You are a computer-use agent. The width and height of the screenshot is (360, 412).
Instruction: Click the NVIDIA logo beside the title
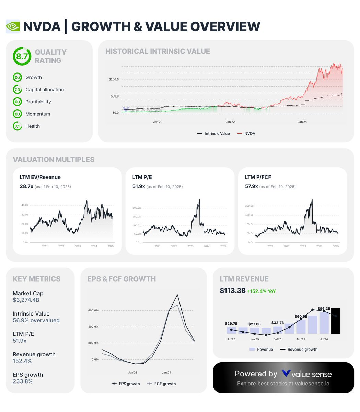(x=13, y=26)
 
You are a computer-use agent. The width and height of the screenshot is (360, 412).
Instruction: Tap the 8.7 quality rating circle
(x=22, y=56)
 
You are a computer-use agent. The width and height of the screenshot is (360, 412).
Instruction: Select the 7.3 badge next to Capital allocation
(x=17, y=90)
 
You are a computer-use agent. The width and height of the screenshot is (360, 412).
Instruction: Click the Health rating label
(x=33, y=126)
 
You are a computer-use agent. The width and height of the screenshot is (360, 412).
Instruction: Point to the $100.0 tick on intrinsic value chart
(x=114, y=79)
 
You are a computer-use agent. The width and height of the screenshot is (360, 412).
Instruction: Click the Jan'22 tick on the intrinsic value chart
(x=230, y=122)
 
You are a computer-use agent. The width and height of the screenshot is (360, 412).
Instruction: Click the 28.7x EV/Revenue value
(x=26, y=186)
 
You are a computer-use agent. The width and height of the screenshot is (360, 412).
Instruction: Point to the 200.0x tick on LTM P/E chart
(x=136, y=208)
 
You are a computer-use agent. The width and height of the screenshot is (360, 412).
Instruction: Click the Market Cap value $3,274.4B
(x=26, y=300)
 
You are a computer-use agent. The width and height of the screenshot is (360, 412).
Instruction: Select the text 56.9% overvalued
(x=36, y=320)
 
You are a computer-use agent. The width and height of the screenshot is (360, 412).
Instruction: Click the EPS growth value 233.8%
(x=23, y=381)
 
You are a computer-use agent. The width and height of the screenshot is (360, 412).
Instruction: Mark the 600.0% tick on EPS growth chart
(x=94, y=310)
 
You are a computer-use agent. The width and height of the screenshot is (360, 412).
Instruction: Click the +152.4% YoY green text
(x=261, y=291)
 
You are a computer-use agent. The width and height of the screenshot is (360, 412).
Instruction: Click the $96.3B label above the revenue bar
(x=324, y=309)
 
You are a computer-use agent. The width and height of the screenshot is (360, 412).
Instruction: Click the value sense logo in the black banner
(x=306, y=374)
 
